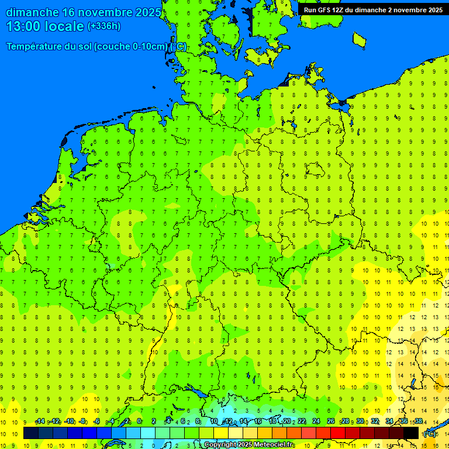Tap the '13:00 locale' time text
(46, 26)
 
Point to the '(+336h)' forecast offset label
(104, 26)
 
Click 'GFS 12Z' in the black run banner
(331, 10)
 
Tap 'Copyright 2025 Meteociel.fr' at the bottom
(248, 444)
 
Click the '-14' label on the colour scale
(40, 422)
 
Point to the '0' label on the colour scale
(139, 422)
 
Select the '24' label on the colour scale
(316, 422)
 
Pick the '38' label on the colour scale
(419, 422)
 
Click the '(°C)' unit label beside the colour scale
(430, 434)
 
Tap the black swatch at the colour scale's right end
(411, 433)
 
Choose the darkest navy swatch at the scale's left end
(31, 433)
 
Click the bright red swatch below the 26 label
(338, 433)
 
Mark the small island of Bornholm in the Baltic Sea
(359, 40)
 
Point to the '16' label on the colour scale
(258, 422)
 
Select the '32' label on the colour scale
(375, 422)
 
